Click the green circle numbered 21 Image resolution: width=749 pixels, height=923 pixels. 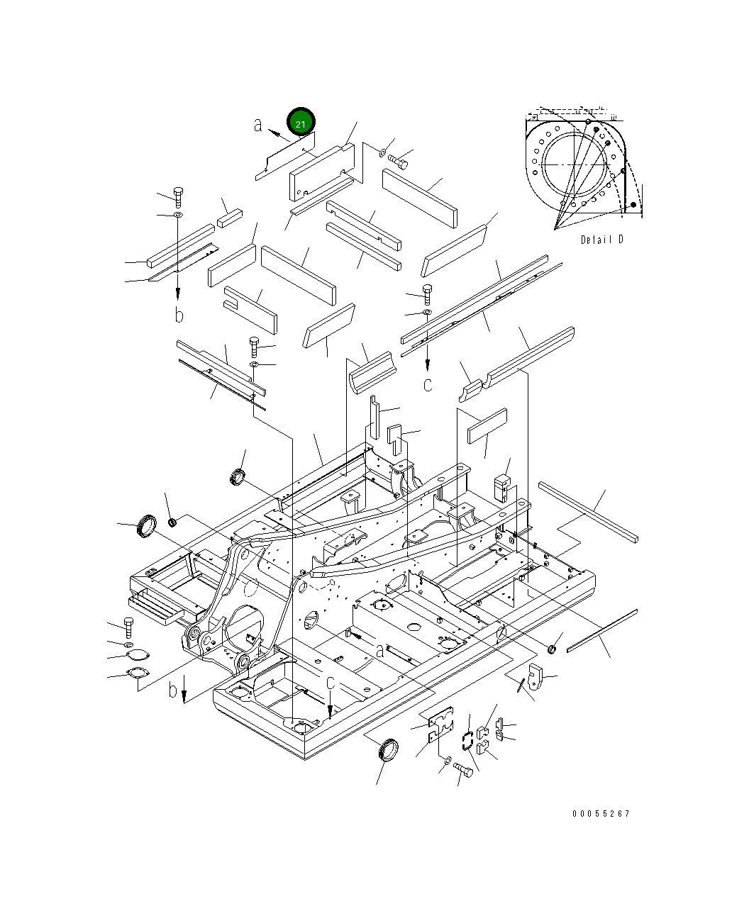tap(300, 123)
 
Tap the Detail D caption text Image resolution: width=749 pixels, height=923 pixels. tap(602, 240)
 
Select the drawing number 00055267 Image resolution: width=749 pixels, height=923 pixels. tap(601, 814)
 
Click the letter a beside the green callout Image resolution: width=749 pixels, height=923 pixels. tap(259, 125)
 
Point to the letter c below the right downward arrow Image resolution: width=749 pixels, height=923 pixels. tap(428, 385)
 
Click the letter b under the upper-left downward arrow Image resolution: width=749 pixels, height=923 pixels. tap(179, 315)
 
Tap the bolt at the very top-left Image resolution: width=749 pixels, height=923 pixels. tap(177, 196)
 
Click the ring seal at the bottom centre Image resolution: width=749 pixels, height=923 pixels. tap(389, 750)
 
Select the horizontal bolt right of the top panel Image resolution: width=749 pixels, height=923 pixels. tap(397, 161)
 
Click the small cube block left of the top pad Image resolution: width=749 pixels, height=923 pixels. tap(230, 218)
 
